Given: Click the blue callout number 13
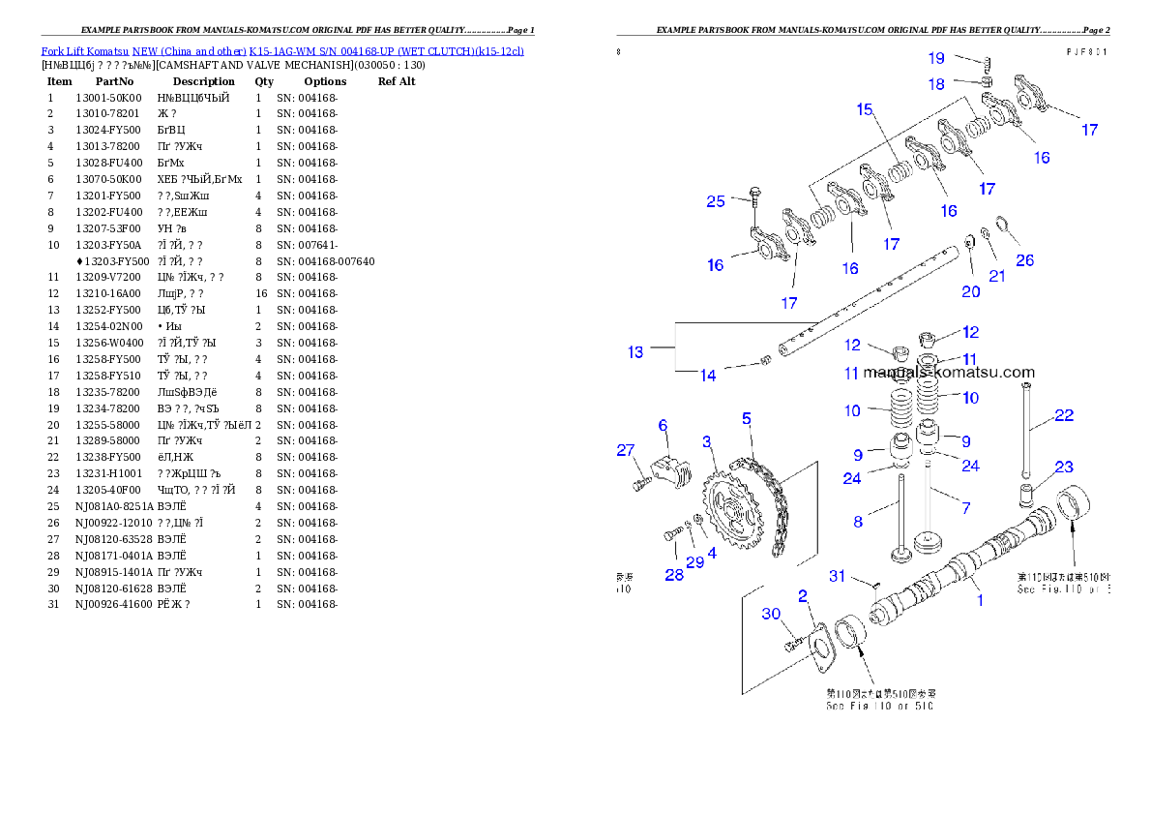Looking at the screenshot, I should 635,352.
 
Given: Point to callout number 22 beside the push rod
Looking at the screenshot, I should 1064,415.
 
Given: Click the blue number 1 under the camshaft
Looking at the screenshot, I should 980,600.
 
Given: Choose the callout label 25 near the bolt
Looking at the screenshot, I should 716,201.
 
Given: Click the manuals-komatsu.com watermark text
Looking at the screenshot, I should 948,372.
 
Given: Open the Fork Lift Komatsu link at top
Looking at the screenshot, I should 282,50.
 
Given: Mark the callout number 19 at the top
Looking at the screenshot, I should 936,58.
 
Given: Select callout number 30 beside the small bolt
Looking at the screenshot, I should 771,614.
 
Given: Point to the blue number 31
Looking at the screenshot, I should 838,576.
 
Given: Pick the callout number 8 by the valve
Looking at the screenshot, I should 858,522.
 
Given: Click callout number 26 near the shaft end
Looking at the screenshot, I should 1024,259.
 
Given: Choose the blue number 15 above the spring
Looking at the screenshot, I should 865,109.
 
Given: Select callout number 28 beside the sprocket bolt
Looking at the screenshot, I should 673,574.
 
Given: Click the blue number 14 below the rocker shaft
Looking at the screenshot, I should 708,376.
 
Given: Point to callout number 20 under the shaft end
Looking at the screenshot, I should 970,291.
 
